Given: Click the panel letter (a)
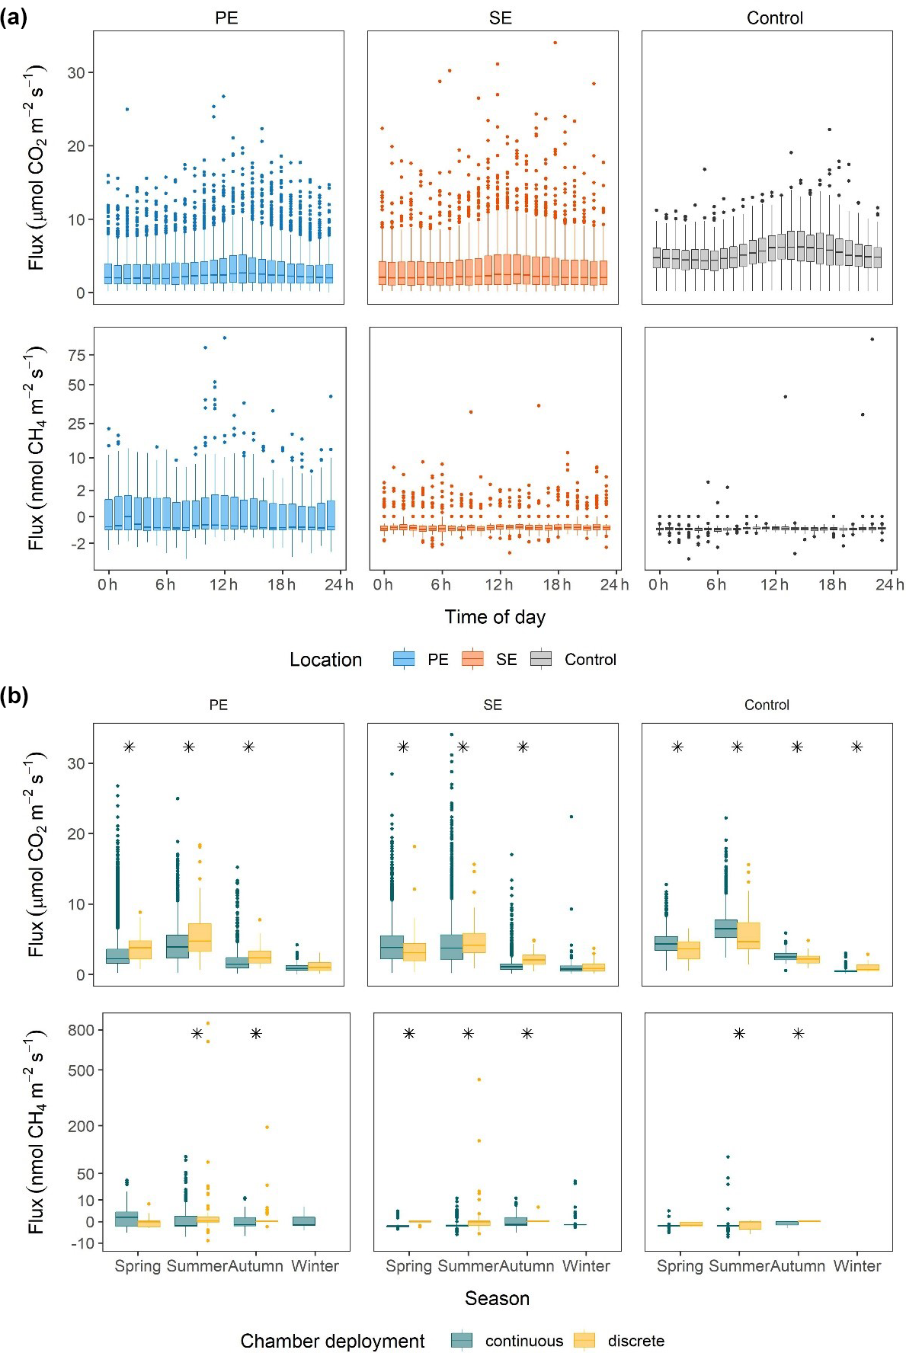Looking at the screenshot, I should (x=14, y=18).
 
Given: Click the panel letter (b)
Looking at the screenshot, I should (x=14, y=696).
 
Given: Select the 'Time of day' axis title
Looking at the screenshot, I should (x=495, y=617).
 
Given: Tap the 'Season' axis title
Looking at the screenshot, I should (x=497, y=1298).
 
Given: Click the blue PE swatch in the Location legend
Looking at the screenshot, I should (x=404, y=659).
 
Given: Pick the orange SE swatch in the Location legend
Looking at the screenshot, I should (x=472, y=659).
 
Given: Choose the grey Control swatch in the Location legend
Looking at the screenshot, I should (x=541, y=659).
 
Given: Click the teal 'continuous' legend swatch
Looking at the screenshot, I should (x=462, y=1341).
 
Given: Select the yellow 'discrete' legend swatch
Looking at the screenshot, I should (x=584, y=1341).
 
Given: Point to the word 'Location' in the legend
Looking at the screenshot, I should (x=325, y=660).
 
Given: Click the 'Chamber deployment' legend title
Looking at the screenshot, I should (x=332, y=1342).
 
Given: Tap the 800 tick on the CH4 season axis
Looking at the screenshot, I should (x=81, y=1030).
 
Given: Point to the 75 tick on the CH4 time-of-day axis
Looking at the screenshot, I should (x=76, y=355).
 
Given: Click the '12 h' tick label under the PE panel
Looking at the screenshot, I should (x=223, y=584).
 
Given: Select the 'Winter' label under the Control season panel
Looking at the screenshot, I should (x=857, y=1265).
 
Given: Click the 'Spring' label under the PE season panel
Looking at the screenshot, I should (x=137, y=1265).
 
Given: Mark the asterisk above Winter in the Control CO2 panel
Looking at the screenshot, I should (x=856, y=747).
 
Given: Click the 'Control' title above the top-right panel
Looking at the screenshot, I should (x=774, y=18).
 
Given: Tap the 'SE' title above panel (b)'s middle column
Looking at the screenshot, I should (x=492, y=705).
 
